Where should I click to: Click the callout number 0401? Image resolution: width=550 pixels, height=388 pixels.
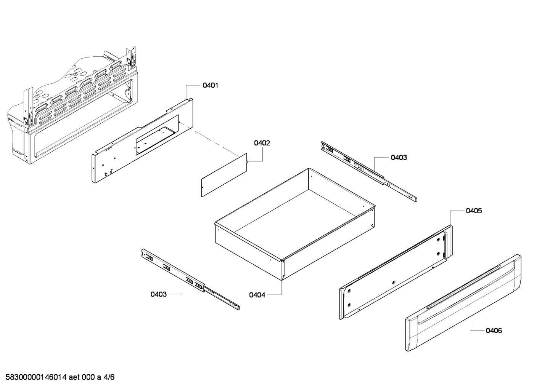tap(210, 85)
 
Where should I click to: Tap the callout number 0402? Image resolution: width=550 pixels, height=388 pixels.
tap(262, 143)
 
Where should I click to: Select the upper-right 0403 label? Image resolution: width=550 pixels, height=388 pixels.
tap(399, 157)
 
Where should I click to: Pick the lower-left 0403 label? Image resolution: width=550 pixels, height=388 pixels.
tap(158, 294)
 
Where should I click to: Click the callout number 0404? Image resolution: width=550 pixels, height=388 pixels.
tap(257, 295)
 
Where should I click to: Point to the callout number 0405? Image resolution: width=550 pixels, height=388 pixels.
tap(473, 211)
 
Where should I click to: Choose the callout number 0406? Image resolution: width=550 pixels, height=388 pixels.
tap(494, 331)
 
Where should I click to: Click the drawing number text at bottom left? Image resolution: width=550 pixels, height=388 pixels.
tap(58, 377)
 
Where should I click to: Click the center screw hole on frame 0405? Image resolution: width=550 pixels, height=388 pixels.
tap(394, 282)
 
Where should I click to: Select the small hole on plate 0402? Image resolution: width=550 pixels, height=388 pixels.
tap(204, 187)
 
